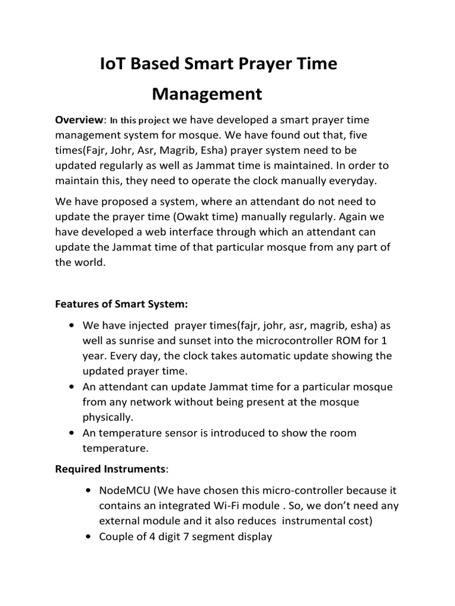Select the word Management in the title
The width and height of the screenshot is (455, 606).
click(207, 94)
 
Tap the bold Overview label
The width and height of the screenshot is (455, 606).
click(79, 120)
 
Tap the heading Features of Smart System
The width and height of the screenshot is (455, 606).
click(121, 304)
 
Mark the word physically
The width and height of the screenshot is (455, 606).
click(107, 417)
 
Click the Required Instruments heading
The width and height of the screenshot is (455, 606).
click(111, 469)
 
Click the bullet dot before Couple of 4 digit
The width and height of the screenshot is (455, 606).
click(88, 537)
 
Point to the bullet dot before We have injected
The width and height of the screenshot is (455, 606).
click(72, 326)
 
